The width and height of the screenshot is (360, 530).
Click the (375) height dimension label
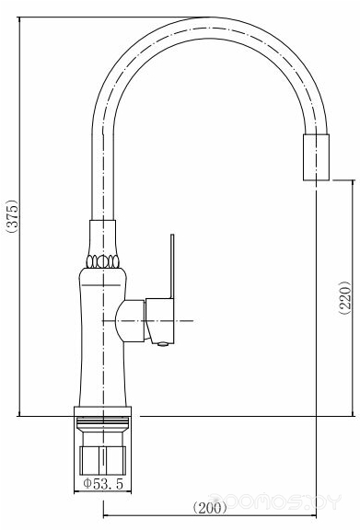click(x=12, y=216)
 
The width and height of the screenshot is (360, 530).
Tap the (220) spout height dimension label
click(x=344, y=297)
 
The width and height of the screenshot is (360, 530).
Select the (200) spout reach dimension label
click(x=210, y=507)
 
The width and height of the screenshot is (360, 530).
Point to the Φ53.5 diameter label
click(x=103, y=484)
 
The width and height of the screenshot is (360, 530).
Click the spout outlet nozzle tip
click(x=316, y=157)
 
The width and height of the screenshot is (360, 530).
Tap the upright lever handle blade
click(x=172, y=266)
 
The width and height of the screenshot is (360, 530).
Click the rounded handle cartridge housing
click(x=130, y=321)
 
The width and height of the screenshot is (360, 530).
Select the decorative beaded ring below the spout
click(x=103, y=261)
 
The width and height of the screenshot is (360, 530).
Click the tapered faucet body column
click(x=103, y=337)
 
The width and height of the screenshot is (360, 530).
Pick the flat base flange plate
click(x=102, y=411)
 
